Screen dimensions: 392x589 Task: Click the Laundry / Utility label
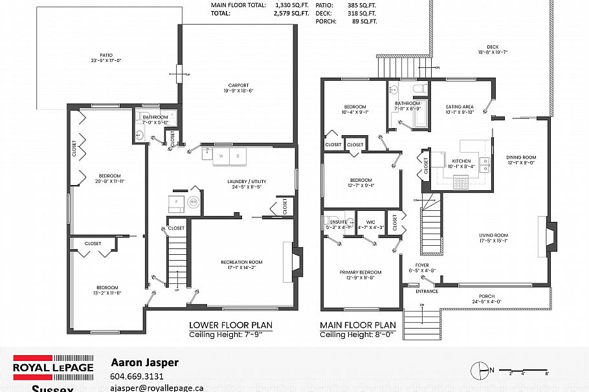click(x=247, y=181)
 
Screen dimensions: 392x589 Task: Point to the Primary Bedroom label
click(x=361, y=272)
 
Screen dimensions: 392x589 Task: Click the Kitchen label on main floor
click(x=461, y=160)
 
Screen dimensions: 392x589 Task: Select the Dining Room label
click(x=520, y=157)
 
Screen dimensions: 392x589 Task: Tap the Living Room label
click(x=493, y=235)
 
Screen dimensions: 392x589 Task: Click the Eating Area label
click(x=460, y=107)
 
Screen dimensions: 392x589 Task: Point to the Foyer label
click(x=422, y=266)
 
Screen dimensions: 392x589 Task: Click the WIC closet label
click(x=366, y=223)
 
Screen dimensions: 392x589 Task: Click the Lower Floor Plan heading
click(x=230, y=325)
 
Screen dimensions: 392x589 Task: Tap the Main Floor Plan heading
click(x=358, y=325)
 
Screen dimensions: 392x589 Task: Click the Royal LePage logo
click(x=53, y=367)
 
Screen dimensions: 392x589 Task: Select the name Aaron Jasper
click(x=145, y=363)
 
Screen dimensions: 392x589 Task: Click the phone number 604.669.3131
click(x=138, y=376)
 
